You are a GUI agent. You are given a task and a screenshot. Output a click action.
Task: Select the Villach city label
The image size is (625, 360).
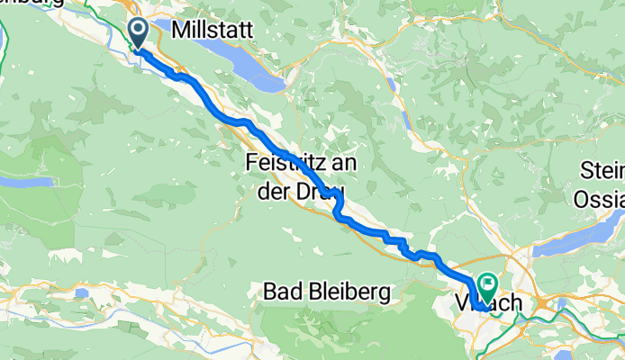[x=491, y=303]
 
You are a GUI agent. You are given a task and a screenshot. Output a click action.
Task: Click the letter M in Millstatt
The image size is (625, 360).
[x=178, y=30]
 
